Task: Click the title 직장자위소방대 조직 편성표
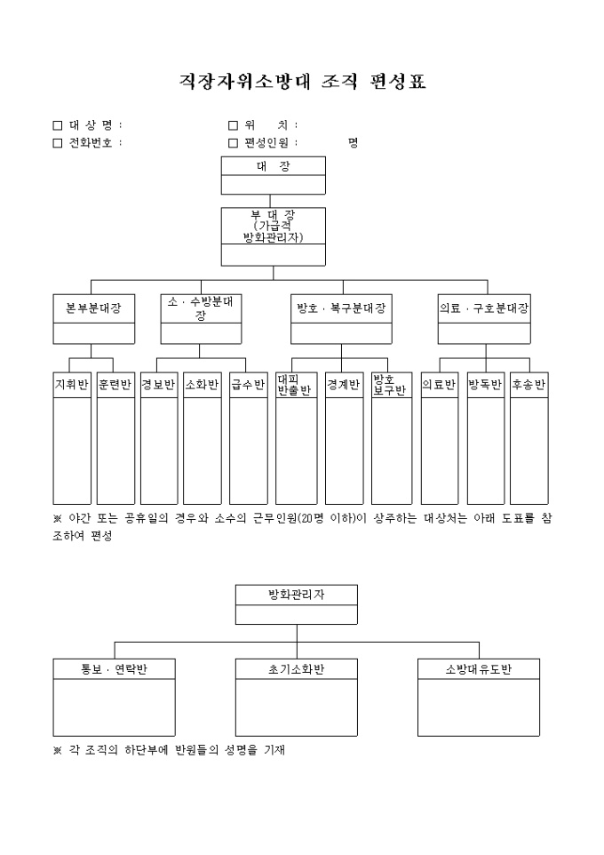(x=302, y=83)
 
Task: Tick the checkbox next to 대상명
(x=58, y=125)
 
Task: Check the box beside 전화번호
(x=58, y=142)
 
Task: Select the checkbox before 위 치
(x=234, y=125)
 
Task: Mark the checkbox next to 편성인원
(x=234, y=142)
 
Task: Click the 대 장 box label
(x=273, y=166)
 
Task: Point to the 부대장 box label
(x=273, y=226)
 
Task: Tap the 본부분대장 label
(x=94, y=308)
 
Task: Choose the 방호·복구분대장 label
(x=341, y=308)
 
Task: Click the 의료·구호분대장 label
(x=484, y=308)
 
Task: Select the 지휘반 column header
(x=72, y=385)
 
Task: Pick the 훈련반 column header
(x=115, y=385)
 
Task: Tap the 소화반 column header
(x=202, y=385)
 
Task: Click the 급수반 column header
(x=249, y=385)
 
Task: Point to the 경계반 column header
(x=343, y=385)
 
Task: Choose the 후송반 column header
(x=528, y=385)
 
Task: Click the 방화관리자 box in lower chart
(x=296, y=595)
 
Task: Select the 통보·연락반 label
(x=114, y=669)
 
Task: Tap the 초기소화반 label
(x=296, y=669)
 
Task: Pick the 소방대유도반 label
(x=478, y=669)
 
